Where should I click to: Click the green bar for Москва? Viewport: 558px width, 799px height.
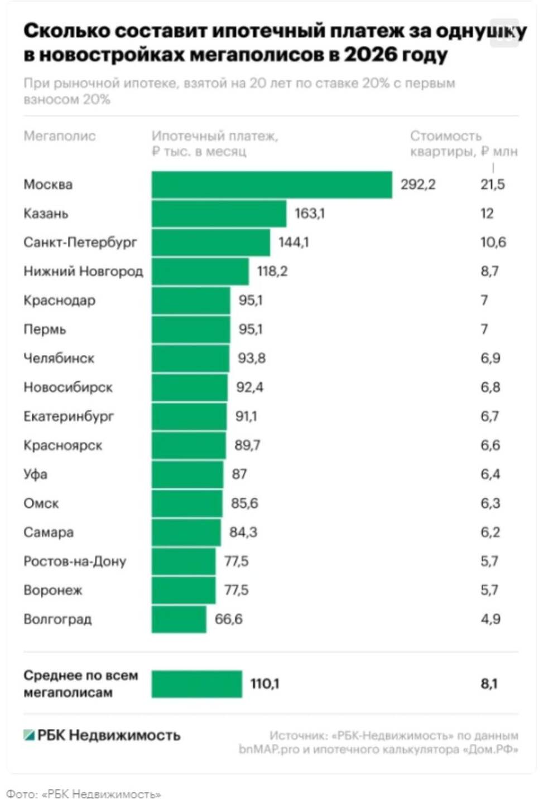(x=272, y=185)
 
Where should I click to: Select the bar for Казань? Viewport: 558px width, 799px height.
(x=219, y=214)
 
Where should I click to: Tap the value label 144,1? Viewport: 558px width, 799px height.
(x=294, y=243)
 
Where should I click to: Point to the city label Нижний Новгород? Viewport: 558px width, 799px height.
(x=83, y=272)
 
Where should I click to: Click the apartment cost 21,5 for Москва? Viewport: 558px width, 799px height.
(x=493, y=185)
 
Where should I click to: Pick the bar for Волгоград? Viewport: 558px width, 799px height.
(x=179, y=619)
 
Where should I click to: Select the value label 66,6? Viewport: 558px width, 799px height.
(x=229, y=619)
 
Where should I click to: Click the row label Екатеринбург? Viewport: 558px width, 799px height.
(x=69, y=417)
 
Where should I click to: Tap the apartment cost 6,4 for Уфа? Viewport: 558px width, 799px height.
(x=490, y=474)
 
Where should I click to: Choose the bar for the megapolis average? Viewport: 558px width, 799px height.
(x=196, y=684)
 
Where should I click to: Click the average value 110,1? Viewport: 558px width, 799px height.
(x=265, y=684)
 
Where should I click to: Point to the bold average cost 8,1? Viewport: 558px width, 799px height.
(x=489, y=684)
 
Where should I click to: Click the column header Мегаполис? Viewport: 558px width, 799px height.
(x=59, y=136)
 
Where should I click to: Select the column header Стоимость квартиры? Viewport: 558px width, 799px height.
(x=464, y=144)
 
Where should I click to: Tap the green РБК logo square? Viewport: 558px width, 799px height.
(x=29, y=735)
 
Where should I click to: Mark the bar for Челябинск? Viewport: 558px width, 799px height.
(x=190, y=359)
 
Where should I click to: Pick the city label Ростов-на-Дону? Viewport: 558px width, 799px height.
(x=75, y=561)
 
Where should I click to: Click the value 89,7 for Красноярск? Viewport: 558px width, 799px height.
(x=248, y=445)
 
